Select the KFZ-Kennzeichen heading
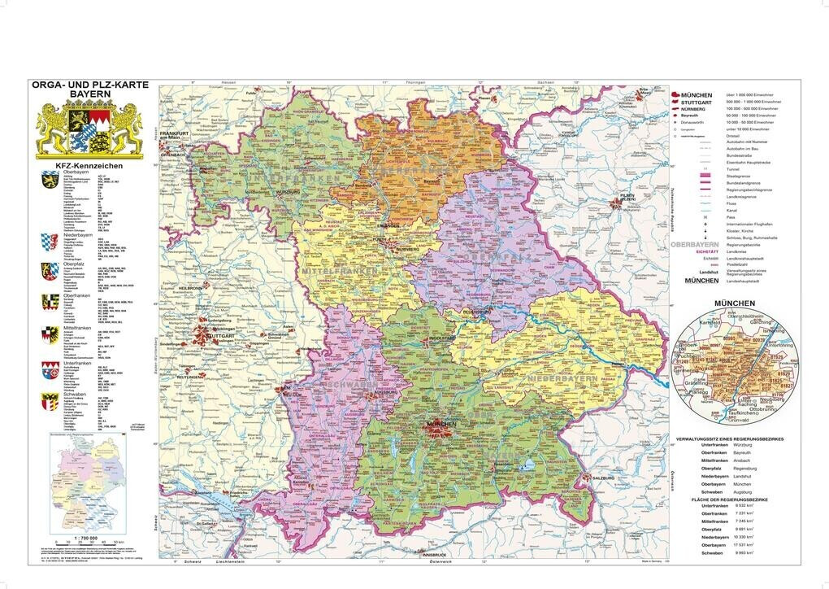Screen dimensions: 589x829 88,166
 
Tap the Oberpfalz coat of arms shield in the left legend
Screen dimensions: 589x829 47,268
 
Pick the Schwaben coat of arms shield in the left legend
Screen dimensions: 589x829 47,399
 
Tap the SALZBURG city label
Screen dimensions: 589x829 602,478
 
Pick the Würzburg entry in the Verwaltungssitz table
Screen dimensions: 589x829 743,446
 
